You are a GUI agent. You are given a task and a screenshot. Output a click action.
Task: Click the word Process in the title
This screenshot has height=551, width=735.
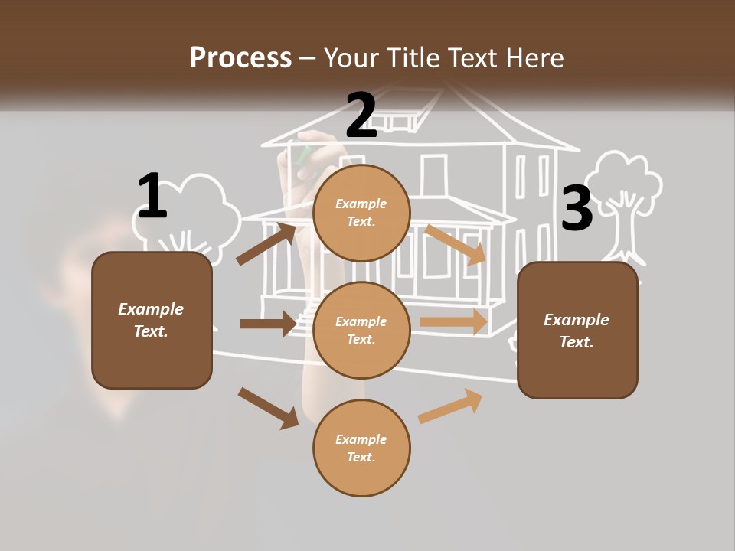(x=240, y=58)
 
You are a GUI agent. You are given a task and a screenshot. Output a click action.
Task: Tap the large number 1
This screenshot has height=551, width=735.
(x=152, y=197)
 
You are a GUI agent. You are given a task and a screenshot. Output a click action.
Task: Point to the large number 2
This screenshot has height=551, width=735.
(x=361, y=116)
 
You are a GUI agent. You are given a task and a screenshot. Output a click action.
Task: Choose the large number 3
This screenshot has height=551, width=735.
(x=577, y=209)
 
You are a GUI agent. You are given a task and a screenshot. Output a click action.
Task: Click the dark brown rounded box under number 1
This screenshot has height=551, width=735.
(x=152, y=320)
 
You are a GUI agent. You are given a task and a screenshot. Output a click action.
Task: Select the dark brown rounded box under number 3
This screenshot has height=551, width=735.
(x=577, y=331)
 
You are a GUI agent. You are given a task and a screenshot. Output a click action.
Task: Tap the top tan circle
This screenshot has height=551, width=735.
(x=361, y=213)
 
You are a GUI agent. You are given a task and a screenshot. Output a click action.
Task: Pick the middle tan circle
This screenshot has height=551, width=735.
(x=361, y=330)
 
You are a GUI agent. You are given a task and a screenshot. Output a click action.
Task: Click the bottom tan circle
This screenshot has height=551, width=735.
(x=361, y=448)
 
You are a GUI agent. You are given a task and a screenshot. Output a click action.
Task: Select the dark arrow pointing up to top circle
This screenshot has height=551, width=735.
(x=266, y=243)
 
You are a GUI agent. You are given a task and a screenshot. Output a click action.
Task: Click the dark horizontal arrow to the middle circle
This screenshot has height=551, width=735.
(x=268, y=324)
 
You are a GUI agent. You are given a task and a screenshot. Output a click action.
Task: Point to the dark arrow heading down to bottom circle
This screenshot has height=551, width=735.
(x=268, y=407)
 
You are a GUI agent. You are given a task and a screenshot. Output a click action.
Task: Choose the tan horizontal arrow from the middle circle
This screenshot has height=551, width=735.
(x=453, y=322)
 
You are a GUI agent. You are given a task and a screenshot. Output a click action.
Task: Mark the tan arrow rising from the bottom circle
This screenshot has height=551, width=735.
(x=450, y=406)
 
